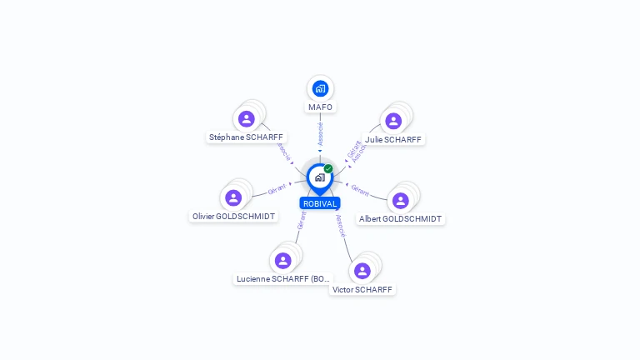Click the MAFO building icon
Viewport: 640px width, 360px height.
click(x=320, y=87)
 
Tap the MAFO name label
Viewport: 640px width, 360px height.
click(x=320, y=107)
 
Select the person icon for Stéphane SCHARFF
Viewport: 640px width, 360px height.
click(x=246, y=118)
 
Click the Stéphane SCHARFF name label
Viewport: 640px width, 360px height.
click(x=246, y=137)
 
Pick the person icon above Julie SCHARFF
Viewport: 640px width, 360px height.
click(x=393, y=121)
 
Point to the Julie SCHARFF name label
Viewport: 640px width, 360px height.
click(x=393, y=140)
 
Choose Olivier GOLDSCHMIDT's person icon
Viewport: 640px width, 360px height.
click(x=233, y=197)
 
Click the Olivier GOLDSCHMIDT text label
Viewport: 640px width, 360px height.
click(x=233, y=217)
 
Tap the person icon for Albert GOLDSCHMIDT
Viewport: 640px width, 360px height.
click(x=400, y=200)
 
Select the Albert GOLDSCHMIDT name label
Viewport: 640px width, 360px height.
click(x=400, y=219)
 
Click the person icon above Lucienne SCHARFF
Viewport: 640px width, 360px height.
click(x=282, y=260)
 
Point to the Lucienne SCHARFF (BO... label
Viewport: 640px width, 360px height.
click(x=283, y=279)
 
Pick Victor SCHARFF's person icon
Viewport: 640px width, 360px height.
click(x=362, y=270)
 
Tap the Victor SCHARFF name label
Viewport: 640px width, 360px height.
click(x=362, y=290)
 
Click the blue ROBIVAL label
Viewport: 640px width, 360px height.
click(x=320, y=203)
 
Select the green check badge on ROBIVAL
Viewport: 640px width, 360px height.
click(x=328, y=169)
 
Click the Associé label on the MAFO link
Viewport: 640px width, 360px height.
click(x=320, y=132)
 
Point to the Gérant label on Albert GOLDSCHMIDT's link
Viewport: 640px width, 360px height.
click(x=360, y=190)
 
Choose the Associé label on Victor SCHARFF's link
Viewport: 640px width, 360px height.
click(x=340, y=224)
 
